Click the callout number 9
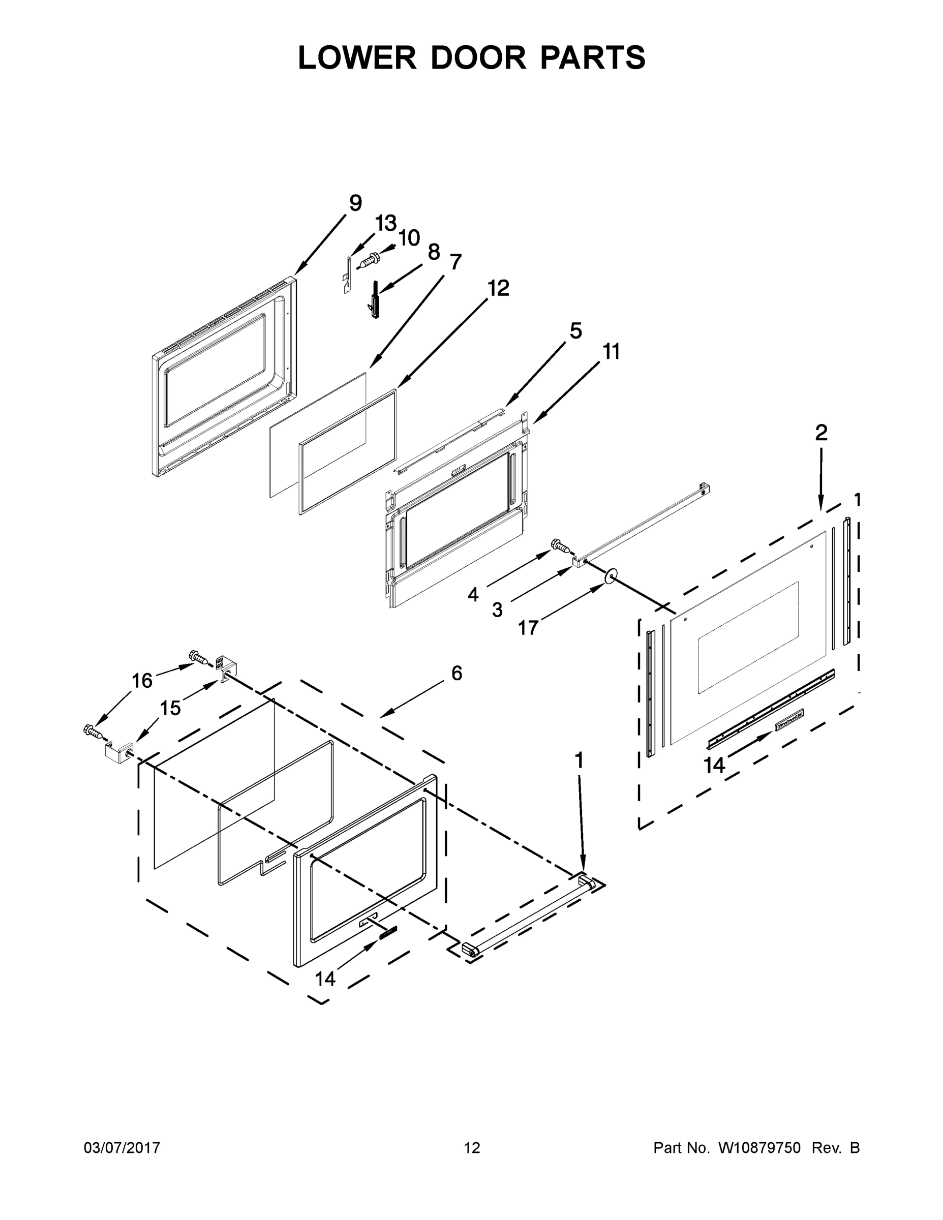[x=355, y=203]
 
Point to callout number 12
[x=498, y=288]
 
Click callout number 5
[x=575, y=331]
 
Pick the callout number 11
[x=611, y=352]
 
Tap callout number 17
[x=528, y=628]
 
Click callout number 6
[x=457, y=673]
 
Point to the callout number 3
[x=497, y=610]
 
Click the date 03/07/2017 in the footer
[x=122, y=1148]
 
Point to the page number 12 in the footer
[x=472, y=1148]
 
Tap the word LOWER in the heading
[x=357, y=57]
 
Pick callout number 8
[x=434, y=253]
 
